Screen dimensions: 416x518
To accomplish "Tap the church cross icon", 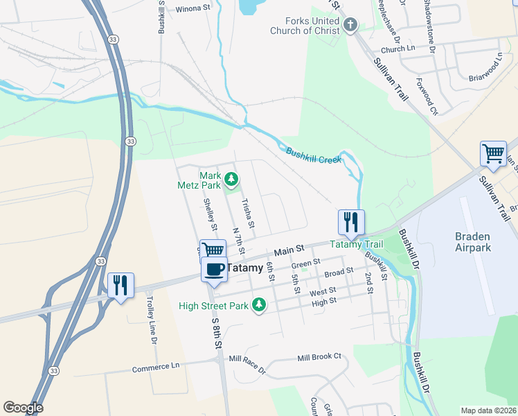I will tap(350, 26).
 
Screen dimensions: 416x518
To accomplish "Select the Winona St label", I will tap(193, 8).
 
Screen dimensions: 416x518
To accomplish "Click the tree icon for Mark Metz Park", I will tap(231, 180).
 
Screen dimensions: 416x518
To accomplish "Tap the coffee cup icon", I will tap(215, 268).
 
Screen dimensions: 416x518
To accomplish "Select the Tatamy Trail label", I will tap(355, 244).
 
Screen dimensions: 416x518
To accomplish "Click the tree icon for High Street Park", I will tap(259, 305).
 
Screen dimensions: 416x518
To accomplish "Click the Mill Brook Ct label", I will tap(319, 357).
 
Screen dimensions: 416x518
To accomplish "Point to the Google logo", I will tap(23, 408).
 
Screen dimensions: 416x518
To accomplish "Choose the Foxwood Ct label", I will tap(427, 100).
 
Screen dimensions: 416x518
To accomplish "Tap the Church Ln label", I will tap(398, 49).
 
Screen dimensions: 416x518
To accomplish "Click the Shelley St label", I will tap(210, 215).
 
